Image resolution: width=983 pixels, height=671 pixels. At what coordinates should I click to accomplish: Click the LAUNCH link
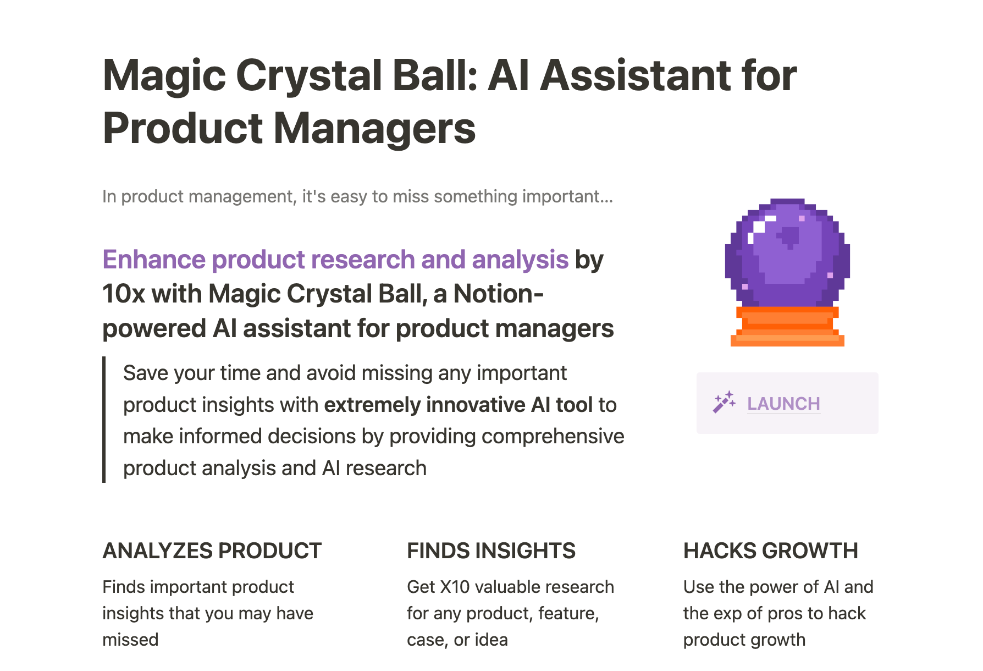tap(783, 404)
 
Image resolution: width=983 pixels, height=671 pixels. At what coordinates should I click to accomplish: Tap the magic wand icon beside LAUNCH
tap(724, 403)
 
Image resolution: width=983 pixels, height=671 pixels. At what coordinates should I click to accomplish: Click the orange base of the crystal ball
tap(787, 327)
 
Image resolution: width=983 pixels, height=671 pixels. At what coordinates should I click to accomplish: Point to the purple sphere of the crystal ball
tap(787, 253)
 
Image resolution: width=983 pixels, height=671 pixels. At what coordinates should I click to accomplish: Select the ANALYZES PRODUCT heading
tap(212, 551)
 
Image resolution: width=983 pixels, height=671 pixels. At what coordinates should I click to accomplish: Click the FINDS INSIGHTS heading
tap(491, 551)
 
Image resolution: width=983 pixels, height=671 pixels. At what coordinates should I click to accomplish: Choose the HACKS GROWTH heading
tap(771, 551)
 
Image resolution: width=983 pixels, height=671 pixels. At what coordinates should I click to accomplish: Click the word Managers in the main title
tap(374, 129)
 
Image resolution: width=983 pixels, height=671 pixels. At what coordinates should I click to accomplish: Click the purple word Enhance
tap(154, 260)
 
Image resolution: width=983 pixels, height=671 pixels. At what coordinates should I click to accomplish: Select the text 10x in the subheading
tap(124, 294)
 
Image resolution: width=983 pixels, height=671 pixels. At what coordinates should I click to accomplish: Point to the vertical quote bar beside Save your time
tap(104, 420)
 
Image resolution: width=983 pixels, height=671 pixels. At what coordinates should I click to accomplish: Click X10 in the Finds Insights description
tap(455, 587)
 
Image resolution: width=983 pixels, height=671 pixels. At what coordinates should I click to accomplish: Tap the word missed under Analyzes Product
tap(130, 640)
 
